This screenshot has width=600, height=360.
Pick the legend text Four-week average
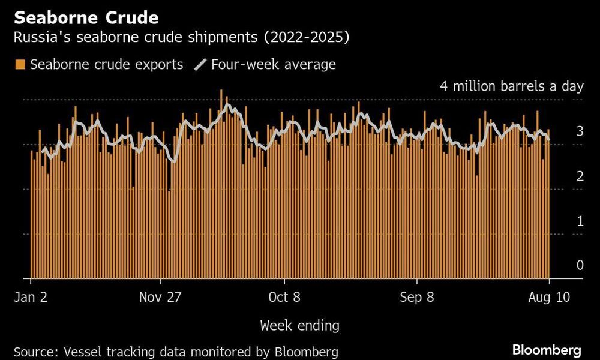[x=273, y=64]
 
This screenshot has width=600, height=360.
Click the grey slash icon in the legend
[x=200, y=64]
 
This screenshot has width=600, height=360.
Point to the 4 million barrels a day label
[x=511, y=86]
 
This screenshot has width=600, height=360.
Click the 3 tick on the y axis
[x=580, y=131]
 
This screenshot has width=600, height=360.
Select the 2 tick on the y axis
[x=580, y=176]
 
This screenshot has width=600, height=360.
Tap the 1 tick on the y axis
[x=580, y=221]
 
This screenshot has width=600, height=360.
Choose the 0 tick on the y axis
[x=580, y=265]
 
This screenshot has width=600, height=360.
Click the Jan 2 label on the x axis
[x=31, y=297]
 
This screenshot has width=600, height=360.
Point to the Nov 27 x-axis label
[x=160, y=297]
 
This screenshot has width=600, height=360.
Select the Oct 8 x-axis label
[x=284, y=297]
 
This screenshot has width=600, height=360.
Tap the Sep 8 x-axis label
[x=417, y=297]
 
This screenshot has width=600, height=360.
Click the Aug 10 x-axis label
[x=548, y=297]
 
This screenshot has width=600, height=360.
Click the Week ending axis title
[x=299, y=326]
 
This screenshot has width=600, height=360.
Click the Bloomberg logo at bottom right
[x=546, y=349]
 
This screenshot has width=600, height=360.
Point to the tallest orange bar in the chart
[x=221, y=180]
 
